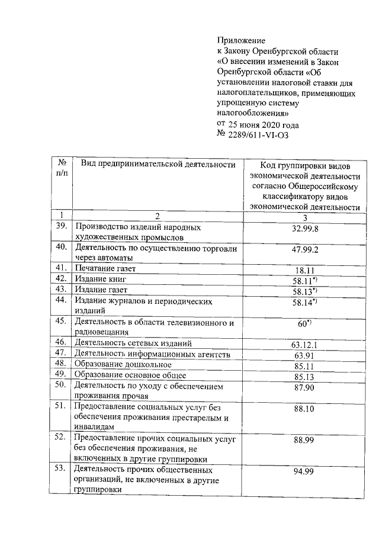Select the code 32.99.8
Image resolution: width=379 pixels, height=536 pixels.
point(305,229)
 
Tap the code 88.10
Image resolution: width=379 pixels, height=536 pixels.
point(305,409)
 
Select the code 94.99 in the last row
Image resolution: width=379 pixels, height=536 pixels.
point(305,471)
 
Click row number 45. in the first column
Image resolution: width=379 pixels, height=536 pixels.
point(60,322)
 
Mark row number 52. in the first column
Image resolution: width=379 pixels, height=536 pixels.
point(60,438)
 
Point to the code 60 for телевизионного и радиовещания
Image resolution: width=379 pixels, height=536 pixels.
point(304,324)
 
